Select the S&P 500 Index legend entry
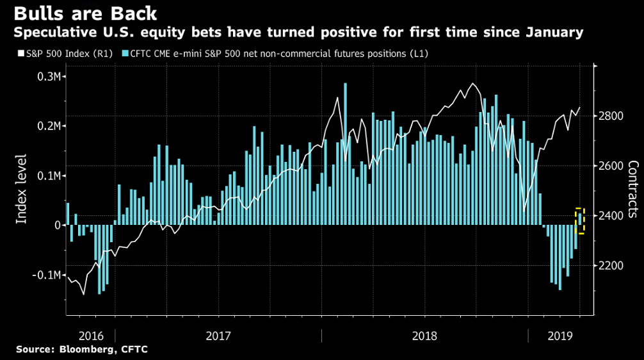(56, 54)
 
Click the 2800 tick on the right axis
(613, 116)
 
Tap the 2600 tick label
(613, 166)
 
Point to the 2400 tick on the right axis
(613, 215)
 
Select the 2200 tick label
(613, 265)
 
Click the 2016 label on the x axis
(90, 335)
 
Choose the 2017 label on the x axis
(218, 335)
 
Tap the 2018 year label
(424, 335)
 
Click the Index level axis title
(22, 189)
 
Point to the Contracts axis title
(632, 189)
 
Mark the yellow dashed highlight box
(580, 221)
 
